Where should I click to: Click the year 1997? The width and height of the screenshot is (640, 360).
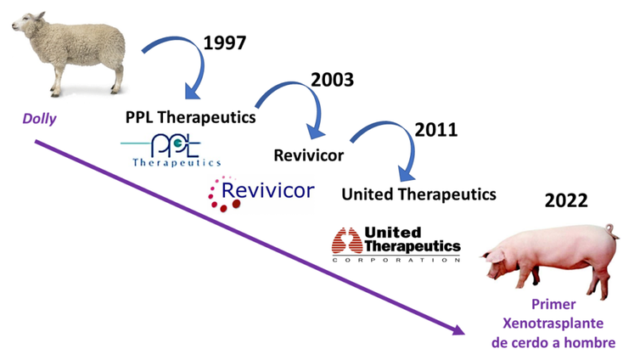click(x=225, y=42)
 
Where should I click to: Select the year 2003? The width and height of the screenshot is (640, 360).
click(x=332, y=82)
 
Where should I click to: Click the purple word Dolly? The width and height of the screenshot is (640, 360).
click(x=40, y=118)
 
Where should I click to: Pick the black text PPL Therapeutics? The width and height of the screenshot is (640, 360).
click(x=189, y=117)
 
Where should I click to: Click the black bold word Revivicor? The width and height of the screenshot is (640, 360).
click(x=308, y=155)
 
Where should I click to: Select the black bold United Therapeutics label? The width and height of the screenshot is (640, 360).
click(x=418, y=194)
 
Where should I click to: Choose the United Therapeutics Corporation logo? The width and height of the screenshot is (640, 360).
click(x=396, y=243)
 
